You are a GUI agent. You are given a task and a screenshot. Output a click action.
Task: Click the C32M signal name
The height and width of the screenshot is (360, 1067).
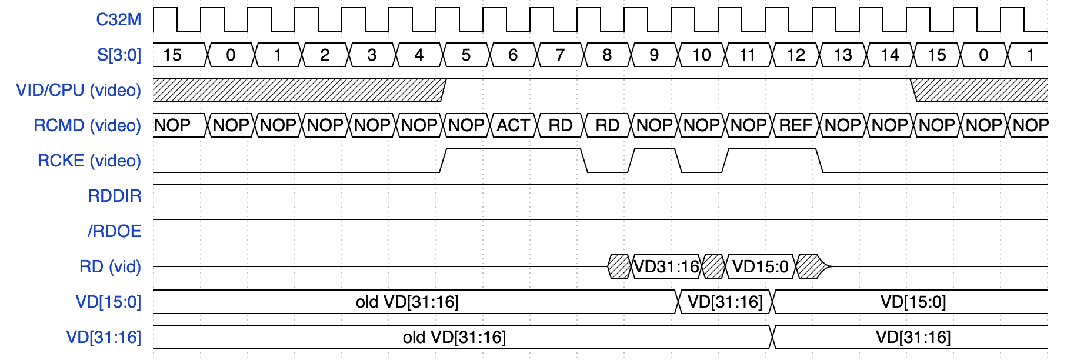119,19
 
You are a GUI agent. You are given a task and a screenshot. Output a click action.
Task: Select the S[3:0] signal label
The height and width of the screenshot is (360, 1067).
119,55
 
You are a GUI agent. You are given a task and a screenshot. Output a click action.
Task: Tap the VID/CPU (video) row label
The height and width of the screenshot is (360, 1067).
79,90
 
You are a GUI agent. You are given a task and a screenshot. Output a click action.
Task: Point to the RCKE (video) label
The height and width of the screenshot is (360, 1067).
89,161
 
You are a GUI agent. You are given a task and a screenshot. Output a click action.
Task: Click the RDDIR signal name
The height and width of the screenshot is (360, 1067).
115,196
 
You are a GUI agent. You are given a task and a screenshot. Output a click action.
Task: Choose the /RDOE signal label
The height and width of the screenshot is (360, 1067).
114,231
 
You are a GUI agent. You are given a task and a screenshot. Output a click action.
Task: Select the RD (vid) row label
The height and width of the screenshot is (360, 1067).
111,266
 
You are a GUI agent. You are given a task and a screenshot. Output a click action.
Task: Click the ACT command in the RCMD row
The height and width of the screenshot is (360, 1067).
513,125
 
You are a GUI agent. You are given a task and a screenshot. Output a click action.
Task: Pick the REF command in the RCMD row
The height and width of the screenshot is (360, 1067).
795,125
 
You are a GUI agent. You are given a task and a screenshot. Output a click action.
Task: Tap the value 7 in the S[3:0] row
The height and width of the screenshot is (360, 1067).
560,55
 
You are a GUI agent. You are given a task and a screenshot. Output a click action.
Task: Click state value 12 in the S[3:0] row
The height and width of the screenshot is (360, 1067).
795,55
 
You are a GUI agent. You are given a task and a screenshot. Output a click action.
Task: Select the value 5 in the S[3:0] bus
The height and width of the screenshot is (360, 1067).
466,55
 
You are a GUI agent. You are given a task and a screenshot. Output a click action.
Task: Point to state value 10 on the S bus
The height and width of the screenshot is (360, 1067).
701,55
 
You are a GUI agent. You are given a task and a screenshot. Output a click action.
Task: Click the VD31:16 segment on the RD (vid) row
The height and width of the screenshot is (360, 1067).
666,266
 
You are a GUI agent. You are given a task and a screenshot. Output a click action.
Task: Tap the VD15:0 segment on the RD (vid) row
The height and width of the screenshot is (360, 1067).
760,266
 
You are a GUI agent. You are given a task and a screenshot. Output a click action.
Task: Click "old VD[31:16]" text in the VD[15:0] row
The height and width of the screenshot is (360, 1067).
407,302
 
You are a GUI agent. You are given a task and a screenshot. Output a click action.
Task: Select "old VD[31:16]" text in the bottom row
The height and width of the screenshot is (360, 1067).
454,337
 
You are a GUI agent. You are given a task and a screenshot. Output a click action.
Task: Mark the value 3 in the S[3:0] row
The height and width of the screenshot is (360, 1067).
372,55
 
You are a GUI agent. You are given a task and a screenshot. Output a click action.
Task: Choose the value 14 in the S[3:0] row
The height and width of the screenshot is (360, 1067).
889,55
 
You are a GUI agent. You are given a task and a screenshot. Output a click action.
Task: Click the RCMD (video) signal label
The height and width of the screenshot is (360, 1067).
88,125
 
